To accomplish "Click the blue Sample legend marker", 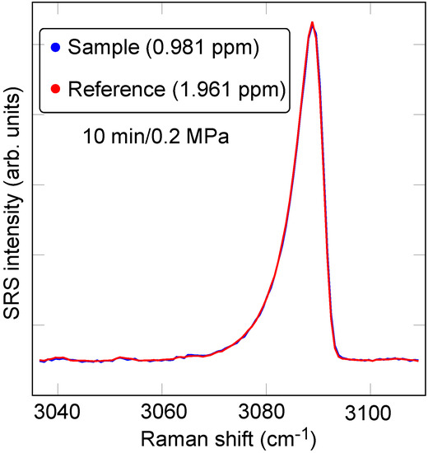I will click(x=55, y=49).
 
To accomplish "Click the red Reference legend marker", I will click(x=55, y=88).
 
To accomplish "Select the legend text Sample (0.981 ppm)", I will click(x=165, y=49).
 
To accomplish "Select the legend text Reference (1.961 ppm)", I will click(x=177, y=88).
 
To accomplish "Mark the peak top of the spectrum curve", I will click(x=312, y=23).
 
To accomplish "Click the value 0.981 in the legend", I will click(x=204, y=49).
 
